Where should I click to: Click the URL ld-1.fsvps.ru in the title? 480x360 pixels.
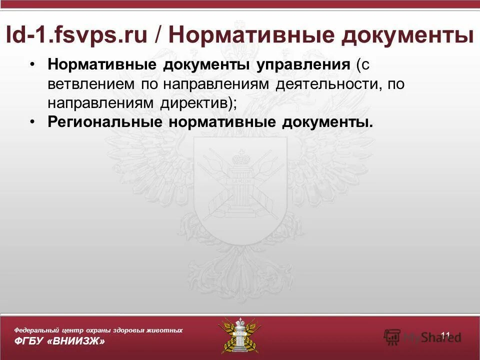coord(76,35)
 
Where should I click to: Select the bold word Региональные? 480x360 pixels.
coord(104,122)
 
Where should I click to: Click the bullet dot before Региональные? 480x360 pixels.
coord(32,122)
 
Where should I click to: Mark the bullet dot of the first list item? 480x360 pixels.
coord(32,65)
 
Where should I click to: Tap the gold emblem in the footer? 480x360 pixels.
coord(239,335)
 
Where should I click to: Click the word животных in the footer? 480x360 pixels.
coord(165,330)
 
